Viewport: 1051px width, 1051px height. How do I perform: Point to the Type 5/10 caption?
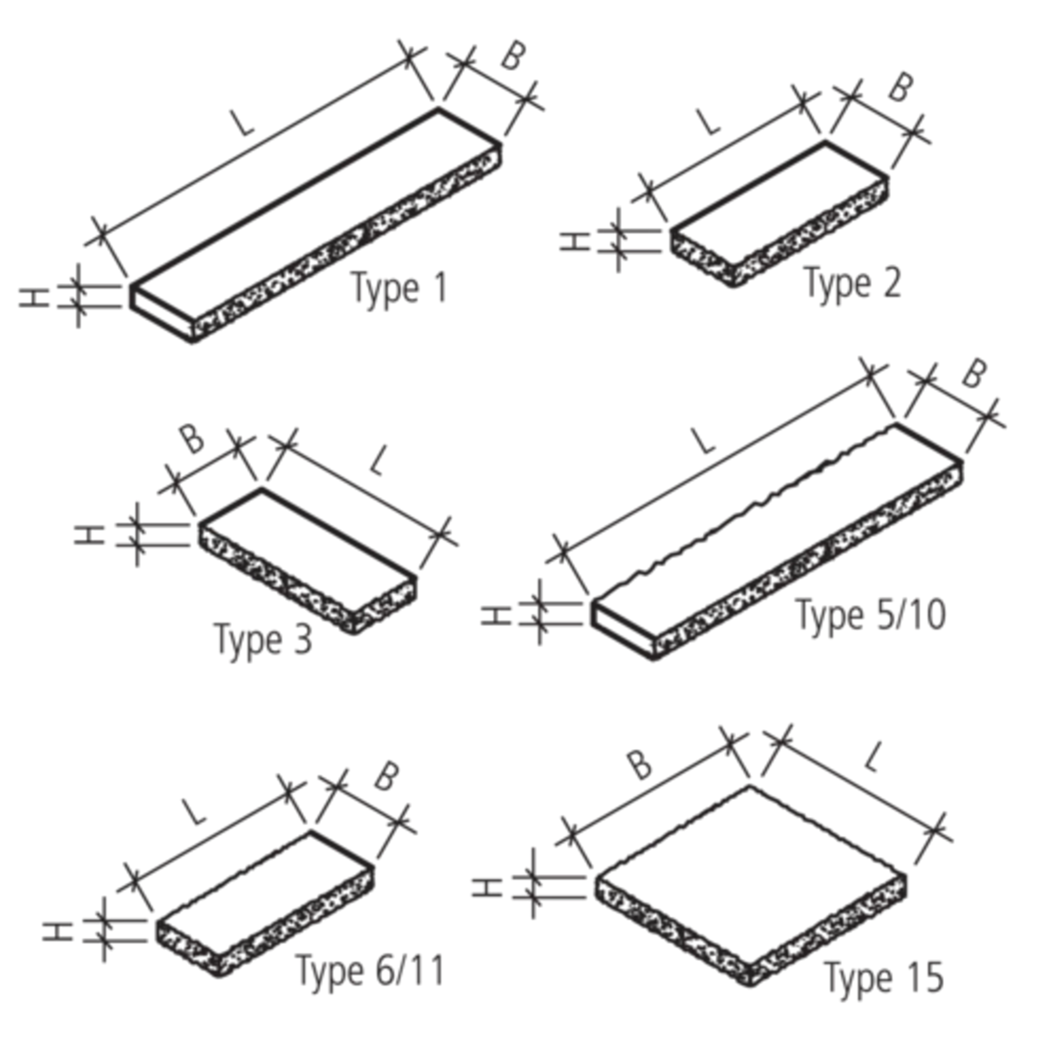[x=871, y=616]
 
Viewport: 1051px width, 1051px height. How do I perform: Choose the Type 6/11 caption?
[x=370, y=971]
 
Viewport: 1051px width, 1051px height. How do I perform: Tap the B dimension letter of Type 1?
[x=513, y=56]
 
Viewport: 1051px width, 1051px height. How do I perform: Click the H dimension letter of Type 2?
[x=575, y=241]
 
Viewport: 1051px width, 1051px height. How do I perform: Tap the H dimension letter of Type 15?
[x=487, y=887]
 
